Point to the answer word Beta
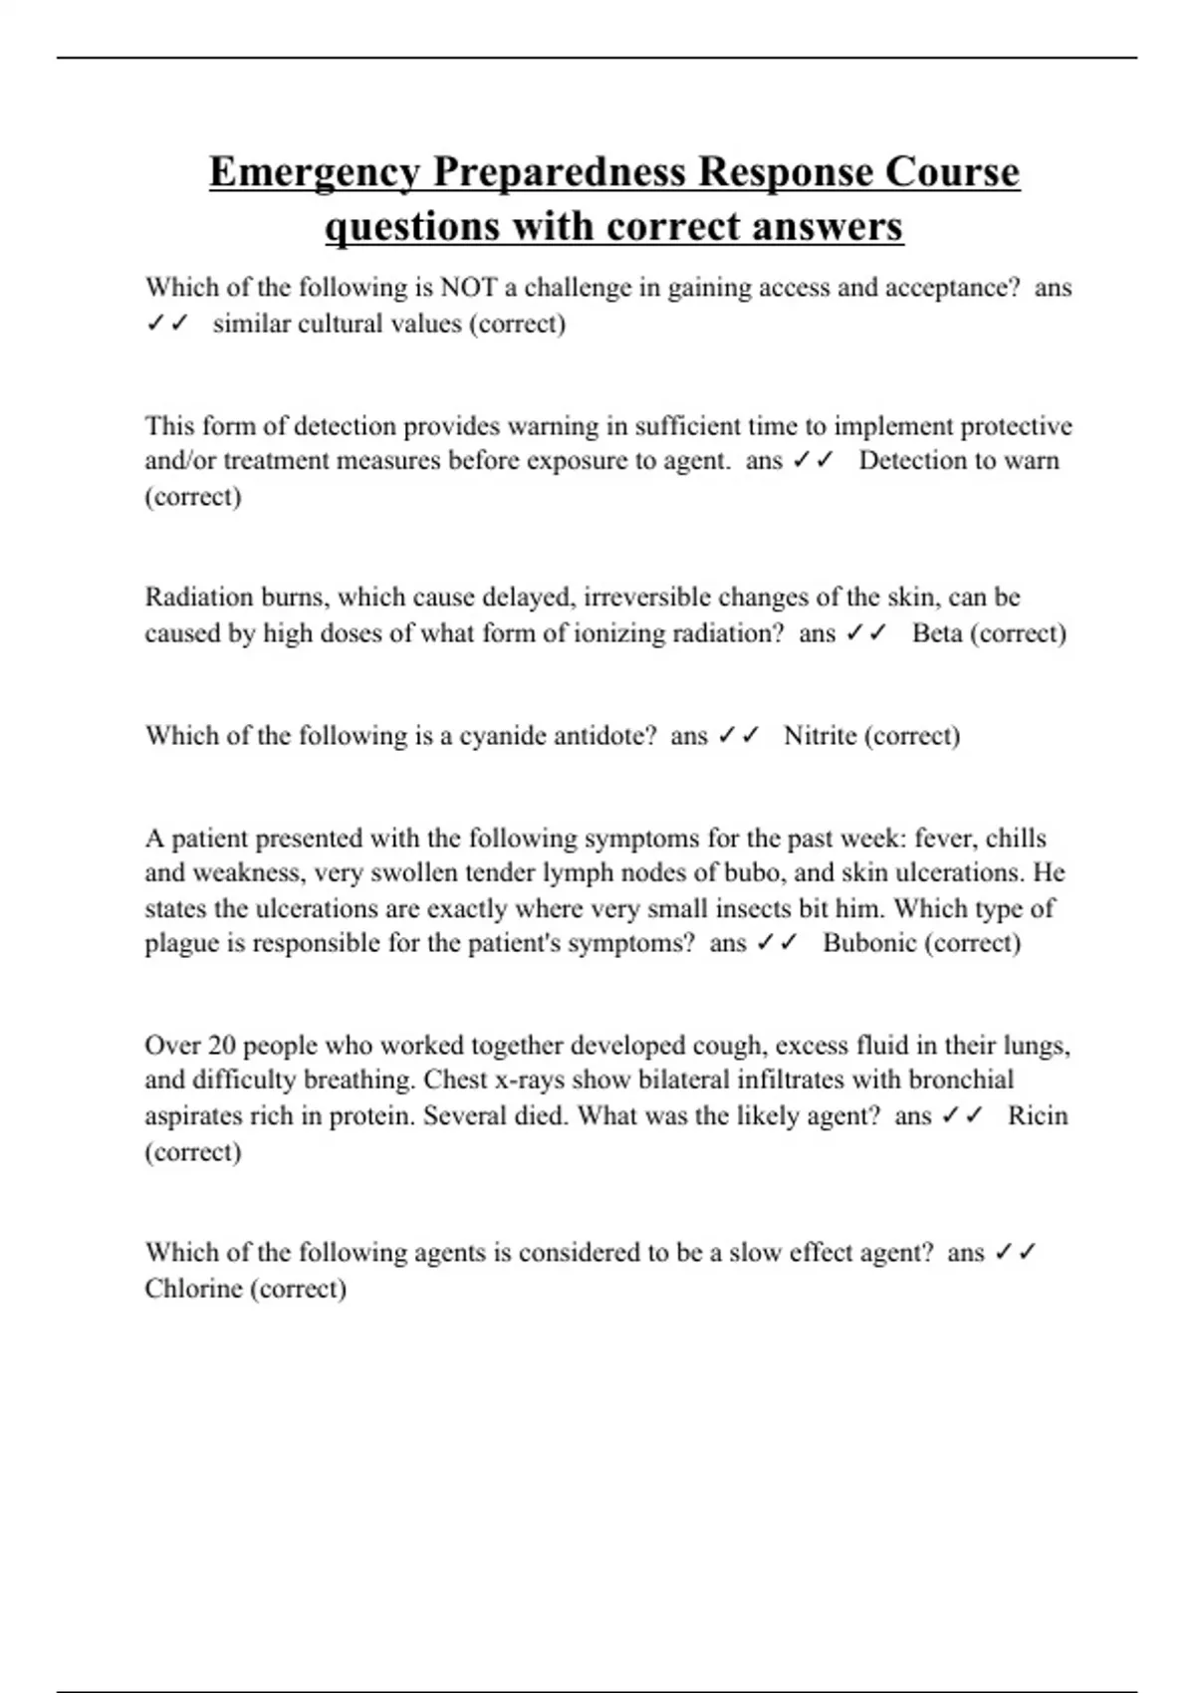click(x=937, y=633)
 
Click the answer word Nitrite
click(x=820, y=736)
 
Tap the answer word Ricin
click(x=1038, y=1115)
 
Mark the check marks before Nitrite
click(x=738, y=736)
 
